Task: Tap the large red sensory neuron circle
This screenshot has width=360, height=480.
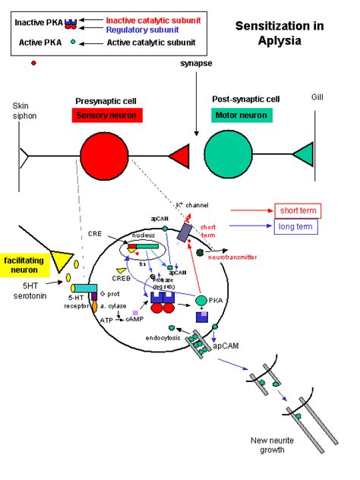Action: pyautogui.click(x=104, y=156)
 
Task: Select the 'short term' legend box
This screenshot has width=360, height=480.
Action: pyautogui.click(x=298, y=210)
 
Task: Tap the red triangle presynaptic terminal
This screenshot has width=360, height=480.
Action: pyautogui.click(x=179, y=156)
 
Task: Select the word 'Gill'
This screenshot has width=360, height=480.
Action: pyautogui.click(x=318, y=98)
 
